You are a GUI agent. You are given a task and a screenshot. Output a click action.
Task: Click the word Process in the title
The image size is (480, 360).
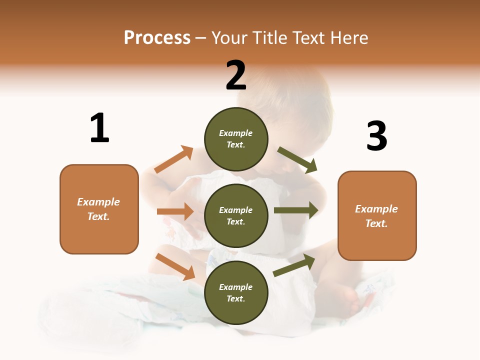157,38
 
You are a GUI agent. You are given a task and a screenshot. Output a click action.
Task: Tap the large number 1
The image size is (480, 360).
99,128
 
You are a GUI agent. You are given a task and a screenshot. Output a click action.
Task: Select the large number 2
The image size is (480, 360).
236,75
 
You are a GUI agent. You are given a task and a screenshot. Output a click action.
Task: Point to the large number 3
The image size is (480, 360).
376,136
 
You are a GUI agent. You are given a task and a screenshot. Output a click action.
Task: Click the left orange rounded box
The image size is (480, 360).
99,209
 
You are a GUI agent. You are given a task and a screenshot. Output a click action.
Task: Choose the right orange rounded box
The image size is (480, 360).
377,215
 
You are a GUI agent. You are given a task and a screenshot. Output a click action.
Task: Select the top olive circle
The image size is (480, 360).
236,139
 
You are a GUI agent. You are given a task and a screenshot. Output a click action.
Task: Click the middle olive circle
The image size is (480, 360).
236,215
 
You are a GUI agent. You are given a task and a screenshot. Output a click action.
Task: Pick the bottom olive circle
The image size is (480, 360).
236,292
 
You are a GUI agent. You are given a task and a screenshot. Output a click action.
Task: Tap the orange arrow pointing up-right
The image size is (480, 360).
174,159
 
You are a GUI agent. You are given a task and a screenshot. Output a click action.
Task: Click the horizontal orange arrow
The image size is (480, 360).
175,211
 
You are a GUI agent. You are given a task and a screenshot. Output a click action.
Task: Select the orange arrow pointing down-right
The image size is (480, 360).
175,266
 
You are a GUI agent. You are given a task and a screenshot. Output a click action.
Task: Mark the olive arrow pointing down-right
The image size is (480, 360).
297,160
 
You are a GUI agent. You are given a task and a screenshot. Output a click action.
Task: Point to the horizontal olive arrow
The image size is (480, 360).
296,210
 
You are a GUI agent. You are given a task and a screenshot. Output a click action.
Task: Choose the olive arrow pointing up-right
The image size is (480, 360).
294,265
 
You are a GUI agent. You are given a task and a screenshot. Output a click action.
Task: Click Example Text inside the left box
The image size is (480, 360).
98,209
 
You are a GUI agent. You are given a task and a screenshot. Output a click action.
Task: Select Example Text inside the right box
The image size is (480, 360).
376,216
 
